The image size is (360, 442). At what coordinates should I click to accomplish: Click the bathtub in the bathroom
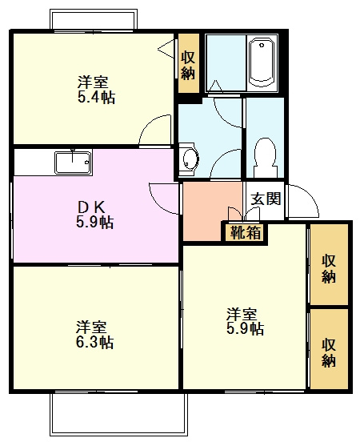click(262, 62)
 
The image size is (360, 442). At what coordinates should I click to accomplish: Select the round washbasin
click(189, 159)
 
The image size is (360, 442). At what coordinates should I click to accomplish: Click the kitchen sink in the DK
click(72, 163)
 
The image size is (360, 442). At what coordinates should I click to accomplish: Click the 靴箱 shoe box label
click(244, 234)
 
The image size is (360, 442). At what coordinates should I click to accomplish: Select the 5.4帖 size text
click(94, 97)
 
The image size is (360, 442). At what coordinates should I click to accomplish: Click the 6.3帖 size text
click(94, 343)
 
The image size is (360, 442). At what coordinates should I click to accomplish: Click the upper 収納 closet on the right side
click(329, 268)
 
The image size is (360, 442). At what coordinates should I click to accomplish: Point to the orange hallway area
click(208, 210)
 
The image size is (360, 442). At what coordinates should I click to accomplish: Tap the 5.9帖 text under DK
click(94, 222)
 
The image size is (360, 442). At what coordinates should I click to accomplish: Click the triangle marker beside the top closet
click(166, 49)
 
